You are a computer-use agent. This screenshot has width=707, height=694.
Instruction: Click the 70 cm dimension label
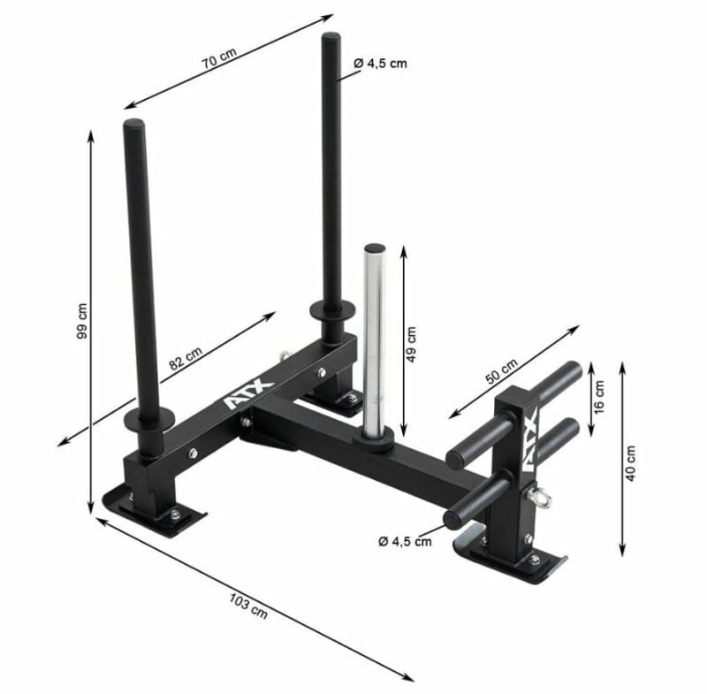click(219, 57)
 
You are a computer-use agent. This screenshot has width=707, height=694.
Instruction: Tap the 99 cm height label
click(82, 321)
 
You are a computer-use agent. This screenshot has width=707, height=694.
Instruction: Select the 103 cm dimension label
click(248, 606)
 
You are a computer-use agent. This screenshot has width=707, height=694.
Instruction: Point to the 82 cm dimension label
click(186, 357)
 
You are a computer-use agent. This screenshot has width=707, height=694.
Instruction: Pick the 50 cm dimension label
click(502, 371)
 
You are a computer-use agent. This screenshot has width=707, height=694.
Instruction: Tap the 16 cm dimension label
click(599, 397)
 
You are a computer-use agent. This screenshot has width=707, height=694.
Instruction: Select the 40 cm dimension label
click(630, 462)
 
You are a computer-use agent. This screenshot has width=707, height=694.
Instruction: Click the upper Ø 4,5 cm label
click(381, 64)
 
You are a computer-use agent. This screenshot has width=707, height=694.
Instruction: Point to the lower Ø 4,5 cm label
click(405, 541)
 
